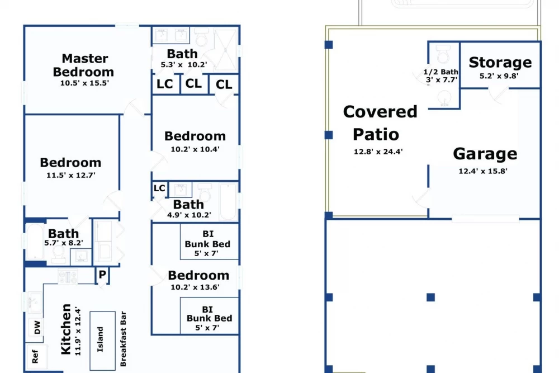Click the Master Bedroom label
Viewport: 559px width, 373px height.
(84, 65)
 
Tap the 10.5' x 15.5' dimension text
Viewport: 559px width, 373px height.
(84, 83)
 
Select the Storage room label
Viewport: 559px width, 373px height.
(500, 63)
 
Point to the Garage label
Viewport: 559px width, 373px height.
(485, 154)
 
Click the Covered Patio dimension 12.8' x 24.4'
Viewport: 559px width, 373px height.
(378, 152)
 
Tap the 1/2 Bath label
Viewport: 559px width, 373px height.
(440, 72)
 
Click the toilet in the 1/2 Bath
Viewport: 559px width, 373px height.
(443, 54)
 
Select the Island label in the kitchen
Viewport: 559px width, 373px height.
(100, 339)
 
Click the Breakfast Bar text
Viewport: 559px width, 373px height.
(124, 339)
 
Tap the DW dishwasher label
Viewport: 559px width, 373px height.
(37, 327)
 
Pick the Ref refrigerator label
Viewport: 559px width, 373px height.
(35, 357)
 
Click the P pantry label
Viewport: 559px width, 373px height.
(102, 275)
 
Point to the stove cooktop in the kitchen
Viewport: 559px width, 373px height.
(68, 277)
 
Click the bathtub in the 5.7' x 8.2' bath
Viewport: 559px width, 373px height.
(35, 242)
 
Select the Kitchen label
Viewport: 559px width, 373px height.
(66, 329)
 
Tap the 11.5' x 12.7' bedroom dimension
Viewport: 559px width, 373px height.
(71, 175)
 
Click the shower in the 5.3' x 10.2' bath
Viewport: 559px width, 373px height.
(225, 50)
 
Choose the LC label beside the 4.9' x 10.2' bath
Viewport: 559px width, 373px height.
(159, 188)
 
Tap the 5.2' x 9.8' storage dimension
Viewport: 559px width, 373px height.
(499, 76)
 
